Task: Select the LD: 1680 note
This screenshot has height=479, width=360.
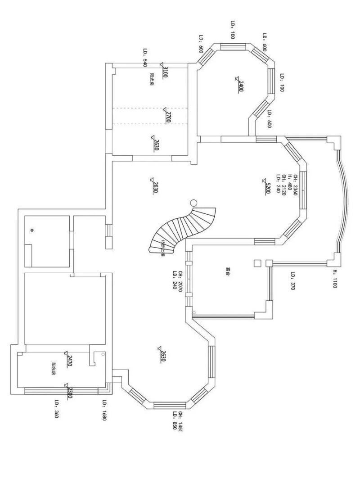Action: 103,410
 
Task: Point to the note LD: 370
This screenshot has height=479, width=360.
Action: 292,281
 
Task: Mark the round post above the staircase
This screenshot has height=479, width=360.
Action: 194,203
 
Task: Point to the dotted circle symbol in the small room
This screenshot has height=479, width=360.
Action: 32,230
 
